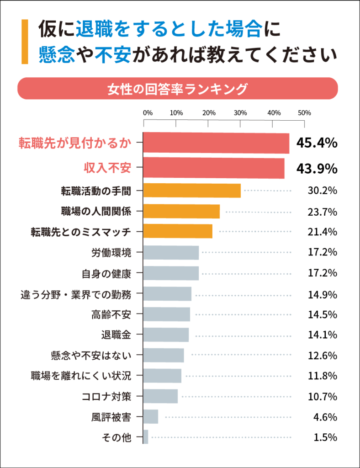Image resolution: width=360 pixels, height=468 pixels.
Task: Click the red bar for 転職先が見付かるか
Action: coord(216,144)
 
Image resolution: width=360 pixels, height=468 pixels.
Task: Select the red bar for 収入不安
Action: coord(214,169)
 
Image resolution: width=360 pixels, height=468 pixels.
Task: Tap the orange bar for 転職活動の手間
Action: coord(192,191)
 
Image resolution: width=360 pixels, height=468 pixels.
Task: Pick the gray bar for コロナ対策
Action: coord(160,396)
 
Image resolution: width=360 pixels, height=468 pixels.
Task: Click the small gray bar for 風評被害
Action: coord(151,417)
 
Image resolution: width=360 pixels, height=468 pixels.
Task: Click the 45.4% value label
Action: coord(317,143)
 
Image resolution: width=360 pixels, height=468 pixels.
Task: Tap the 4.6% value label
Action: coord(325,417)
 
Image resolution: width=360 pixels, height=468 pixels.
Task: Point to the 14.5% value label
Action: coord(322,314)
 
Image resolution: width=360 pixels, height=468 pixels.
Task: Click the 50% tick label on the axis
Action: coord(304,113)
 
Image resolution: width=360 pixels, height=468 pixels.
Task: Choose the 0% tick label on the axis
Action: coord(148,113)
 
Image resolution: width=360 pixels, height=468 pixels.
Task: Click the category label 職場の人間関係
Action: coord(96,212)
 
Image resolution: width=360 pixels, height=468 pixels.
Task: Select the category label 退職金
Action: coord(116,335)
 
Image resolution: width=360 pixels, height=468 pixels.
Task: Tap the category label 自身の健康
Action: coord(106,273)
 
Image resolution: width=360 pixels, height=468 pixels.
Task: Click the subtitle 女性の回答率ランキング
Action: coord(177,88)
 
